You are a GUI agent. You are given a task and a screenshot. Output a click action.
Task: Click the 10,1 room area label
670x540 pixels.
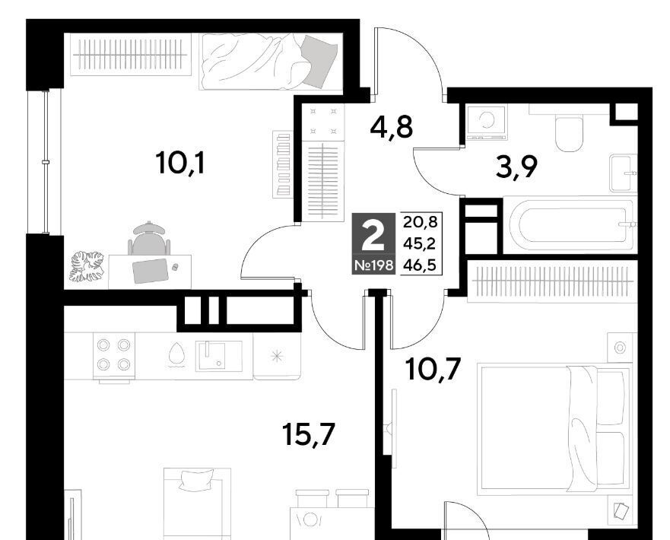click(181, 164)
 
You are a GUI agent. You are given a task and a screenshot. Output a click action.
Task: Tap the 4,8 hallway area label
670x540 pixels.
click(392, 127)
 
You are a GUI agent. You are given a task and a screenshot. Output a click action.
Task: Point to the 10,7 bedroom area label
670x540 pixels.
click(433, 369)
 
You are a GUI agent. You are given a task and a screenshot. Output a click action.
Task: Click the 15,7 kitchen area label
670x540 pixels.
click(309, 434)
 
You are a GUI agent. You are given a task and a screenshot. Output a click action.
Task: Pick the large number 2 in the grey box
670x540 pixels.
click(373, 237)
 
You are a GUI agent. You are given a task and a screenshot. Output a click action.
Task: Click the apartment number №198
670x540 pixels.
click(374, 265)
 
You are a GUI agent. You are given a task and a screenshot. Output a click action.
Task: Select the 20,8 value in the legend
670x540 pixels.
click(420, 222)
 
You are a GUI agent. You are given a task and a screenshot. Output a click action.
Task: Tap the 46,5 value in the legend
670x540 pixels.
click(420, 265)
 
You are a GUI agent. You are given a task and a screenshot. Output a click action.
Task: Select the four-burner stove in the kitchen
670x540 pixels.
click(113, 354)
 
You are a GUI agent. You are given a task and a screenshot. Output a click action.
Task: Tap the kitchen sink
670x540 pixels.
click(218, 355)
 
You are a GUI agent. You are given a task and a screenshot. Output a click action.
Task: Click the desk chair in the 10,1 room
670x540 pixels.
click(149, 240)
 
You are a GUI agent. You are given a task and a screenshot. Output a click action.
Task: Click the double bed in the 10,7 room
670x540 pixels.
click(554, 428)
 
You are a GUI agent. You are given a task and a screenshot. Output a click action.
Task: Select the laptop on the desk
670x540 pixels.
click(151, 271)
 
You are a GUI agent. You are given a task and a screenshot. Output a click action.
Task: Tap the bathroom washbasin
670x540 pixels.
click(623, 173)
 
